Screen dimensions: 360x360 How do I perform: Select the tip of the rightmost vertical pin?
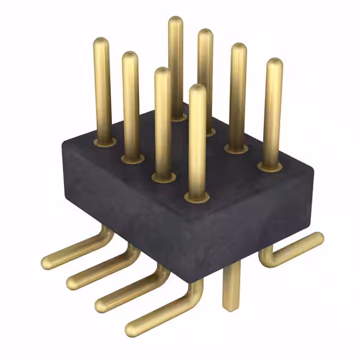[274, 64]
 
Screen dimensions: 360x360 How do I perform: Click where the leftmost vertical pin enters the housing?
[103, 140]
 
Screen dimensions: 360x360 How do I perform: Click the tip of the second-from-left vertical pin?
[130, 57]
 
